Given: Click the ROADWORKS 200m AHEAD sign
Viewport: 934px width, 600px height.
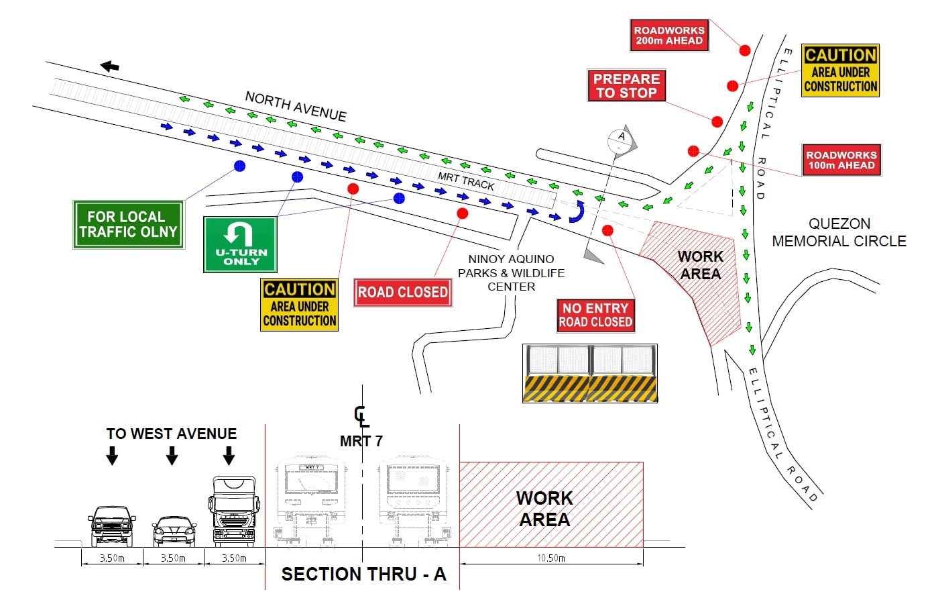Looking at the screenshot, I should pyautogui.click(x=669, y=36).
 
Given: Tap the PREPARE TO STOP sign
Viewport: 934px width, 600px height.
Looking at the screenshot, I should pyautogui.click(x=626, y=85).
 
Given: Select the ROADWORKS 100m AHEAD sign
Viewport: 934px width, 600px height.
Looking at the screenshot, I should pyautogui.click(x=841, y=160).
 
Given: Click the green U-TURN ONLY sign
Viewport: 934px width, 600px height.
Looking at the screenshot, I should pyautogui.click(x=240, y=244).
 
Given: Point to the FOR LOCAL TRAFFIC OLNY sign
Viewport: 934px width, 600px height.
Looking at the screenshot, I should pyautogui.click(x=128, y=225).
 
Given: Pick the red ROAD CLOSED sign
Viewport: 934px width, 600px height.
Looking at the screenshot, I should pyautogui.click(x=402, y=293).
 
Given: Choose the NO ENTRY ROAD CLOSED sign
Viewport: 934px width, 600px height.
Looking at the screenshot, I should pyautogui.click(x=595, y=315).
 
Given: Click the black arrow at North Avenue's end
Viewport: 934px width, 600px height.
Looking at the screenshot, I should pyautogui.click(x=109, y=66).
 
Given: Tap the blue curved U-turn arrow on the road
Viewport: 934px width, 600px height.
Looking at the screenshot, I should pyautogui.click(x=577, y=212).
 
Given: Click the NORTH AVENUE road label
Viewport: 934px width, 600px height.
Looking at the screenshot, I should pyautogui.click(x=296, y=106).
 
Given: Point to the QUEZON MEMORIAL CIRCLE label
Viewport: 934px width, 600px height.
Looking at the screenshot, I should pyautogui.click(x=839, y=232).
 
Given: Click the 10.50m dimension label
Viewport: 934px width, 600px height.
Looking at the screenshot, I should pyautogui.click(x=551, y=558).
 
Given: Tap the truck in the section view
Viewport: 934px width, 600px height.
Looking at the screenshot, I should pyautogui.click(x=235, y=511).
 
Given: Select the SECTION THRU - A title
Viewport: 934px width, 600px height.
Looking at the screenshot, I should pyautogui.click(x=363, y=574).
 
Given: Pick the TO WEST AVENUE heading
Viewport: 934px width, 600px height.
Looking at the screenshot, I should pyautogui.click(x=172, y=434).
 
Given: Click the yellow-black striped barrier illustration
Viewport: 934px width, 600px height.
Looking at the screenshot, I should pyautogui.click(x=590, y=374).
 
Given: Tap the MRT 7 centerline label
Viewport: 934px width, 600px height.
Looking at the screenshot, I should pyautogui.click(x=361, y=441).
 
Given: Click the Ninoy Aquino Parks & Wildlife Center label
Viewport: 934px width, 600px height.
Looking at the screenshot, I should pyautogui.click(x=511, y=272).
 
